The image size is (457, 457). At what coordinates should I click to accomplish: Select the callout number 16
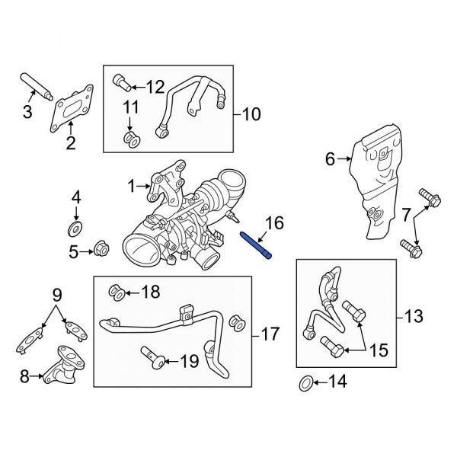pos(273,223)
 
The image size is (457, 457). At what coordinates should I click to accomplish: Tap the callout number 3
pos(27,114)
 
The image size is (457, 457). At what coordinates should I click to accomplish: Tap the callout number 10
pos(251,115)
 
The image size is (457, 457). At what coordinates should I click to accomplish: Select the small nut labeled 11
pos(129,139)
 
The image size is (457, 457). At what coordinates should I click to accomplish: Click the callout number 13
pos(413,315)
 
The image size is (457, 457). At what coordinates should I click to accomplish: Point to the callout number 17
pos(270,334)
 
